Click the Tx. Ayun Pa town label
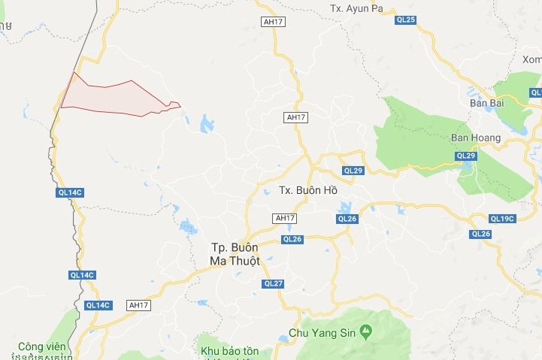click(357, 8)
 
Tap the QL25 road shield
click(406, 20)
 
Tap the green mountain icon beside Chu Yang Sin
click(365, 330)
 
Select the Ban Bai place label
click(485, 103)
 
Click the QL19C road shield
click(501, 219)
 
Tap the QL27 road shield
click(273, 283)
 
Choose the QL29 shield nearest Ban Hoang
click(466, 156)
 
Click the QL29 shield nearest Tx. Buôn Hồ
click(353, 171)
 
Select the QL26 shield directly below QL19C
click(481, 234)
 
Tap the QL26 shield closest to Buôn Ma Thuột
click(292, 239)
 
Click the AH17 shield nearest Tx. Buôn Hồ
click(285, 218)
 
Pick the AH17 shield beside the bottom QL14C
click(139, 304)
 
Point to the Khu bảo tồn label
click(229, 351)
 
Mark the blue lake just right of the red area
click(207, 123)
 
